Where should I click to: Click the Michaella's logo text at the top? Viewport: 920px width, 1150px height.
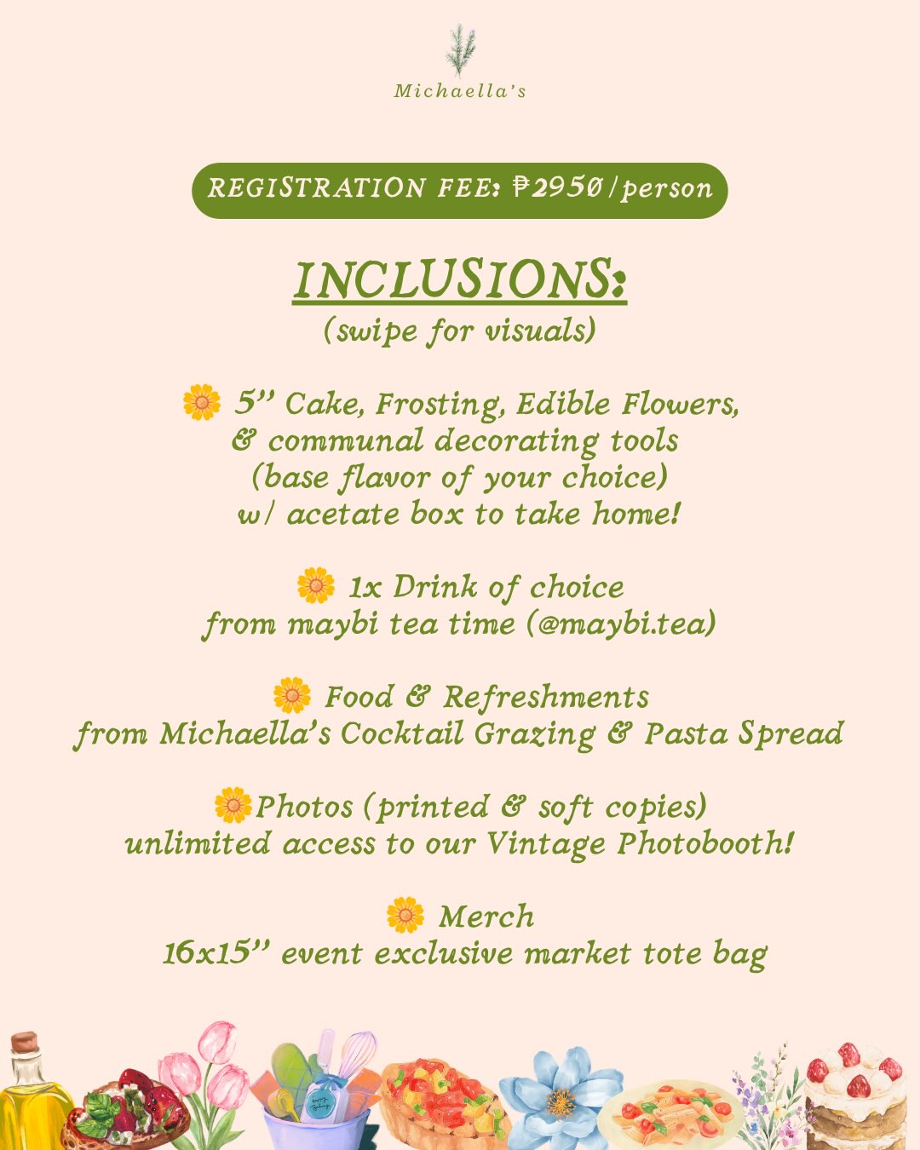click(x=460, y=91)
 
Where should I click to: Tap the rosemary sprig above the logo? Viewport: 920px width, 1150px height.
click(x=460, y=51)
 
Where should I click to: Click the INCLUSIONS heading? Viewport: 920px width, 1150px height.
click(x=459, y=280)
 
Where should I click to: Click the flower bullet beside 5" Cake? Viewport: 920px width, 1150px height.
click(x=202, y=402)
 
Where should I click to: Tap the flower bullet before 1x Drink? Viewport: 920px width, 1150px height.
click(x=316, y=586)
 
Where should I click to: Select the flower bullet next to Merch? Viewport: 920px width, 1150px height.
click(x=405, y=915)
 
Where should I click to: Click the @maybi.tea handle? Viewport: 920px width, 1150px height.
click(x=621, y=623)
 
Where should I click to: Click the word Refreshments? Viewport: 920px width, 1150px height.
click(x=546, y=697)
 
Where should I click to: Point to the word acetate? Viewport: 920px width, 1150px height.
click(x=343, y=514)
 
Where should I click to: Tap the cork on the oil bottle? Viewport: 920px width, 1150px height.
click(x=25, y=1042)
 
